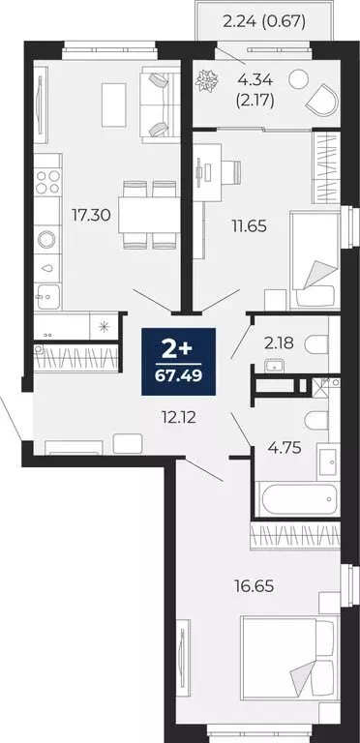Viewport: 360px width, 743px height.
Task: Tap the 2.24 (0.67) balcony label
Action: pos(264,19)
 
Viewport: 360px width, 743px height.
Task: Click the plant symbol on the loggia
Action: pos(207,86)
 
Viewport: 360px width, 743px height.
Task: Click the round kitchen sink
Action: pos(45,239)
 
